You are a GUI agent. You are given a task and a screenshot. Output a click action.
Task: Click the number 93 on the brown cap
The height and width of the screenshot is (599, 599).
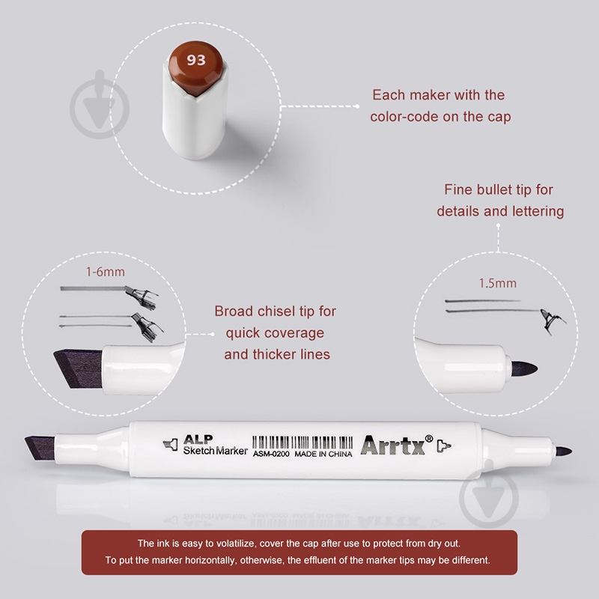[196, 60]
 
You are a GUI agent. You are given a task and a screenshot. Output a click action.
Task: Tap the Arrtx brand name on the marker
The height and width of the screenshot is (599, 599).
[392, 445]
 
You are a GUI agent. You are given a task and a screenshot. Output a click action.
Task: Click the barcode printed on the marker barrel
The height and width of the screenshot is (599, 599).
[302, 443]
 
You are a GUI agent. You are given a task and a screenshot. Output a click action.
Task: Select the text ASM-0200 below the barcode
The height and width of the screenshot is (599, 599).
[271, 454]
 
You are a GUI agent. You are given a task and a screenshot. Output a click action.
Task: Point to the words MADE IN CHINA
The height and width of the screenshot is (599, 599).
[323, 454]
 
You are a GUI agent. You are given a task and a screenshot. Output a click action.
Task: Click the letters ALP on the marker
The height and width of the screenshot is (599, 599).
[198, 440]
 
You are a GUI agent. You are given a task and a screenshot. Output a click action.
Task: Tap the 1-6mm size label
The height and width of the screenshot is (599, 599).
[105, 272]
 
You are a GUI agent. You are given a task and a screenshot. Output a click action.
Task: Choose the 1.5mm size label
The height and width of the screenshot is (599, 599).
[497, 284]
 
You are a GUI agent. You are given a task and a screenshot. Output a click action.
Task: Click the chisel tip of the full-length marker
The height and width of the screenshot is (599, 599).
[40, 447]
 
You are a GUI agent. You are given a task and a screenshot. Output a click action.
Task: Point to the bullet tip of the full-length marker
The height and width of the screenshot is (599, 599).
[563, 451]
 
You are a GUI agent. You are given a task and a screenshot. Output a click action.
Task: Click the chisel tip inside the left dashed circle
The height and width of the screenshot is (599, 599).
[79, 368]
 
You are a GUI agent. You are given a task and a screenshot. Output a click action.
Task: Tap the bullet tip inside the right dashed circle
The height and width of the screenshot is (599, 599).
[525, 368]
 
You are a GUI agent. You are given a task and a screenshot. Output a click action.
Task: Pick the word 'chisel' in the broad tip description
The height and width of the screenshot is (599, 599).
[276, 311]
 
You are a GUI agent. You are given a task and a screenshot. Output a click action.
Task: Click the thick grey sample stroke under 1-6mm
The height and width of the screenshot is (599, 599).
[93, 288]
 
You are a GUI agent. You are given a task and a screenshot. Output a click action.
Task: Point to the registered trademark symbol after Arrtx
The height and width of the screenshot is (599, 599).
[429, 439]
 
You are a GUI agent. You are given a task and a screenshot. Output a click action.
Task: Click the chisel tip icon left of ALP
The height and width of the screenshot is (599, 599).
[171, 445]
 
